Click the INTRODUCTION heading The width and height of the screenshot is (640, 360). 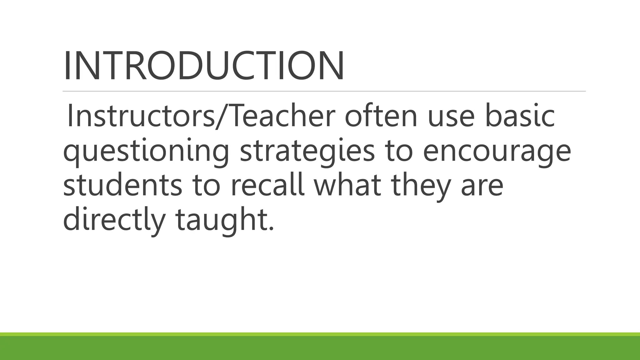click(204, 66)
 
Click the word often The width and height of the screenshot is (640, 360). click(381, 116)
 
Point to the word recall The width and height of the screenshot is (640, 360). click(268, 185)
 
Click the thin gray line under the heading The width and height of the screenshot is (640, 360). click(324, 91)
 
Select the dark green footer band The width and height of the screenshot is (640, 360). click(320, 348)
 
